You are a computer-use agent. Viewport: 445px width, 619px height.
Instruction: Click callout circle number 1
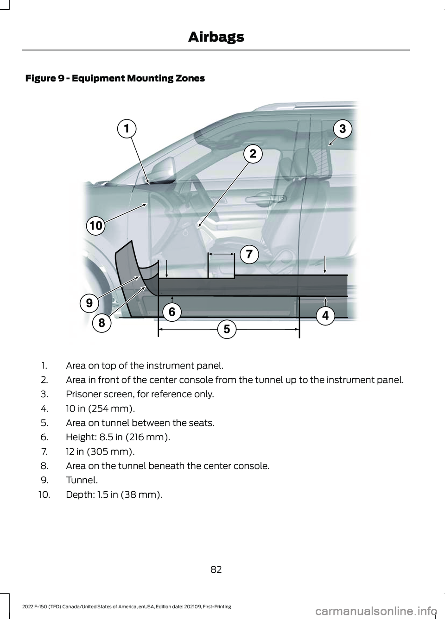(x=127, y=128)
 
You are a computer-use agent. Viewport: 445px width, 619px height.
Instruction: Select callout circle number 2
(x=253, y=153)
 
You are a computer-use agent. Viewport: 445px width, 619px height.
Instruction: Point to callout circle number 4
(x=325, y=316)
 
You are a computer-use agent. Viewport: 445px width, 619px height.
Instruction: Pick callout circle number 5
(x=227, y=329)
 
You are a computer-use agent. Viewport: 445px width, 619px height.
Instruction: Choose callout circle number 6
(x=172, y=312)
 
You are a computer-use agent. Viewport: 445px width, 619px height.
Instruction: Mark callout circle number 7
(x=249, y=254)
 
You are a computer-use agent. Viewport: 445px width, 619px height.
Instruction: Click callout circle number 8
(x=102, y=322)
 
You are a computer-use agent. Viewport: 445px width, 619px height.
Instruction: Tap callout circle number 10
(x=95, y=226)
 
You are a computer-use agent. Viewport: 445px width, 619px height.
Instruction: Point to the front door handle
(x=277, y=199)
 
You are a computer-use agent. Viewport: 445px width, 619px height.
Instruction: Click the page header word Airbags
(x=216, y=37)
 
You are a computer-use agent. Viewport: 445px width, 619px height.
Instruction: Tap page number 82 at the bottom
(x=216, y=569)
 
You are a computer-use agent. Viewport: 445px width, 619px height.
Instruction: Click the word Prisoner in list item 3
(x=81, y=394)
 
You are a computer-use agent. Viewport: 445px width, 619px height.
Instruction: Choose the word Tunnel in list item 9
(x=81, y=480)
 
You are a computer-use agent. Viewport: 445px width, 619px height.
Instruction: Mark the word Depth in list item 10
(x=77, y=494)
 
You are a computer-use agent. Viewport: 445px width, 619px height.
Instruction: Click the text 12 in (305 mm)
(x=100, y=451)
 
